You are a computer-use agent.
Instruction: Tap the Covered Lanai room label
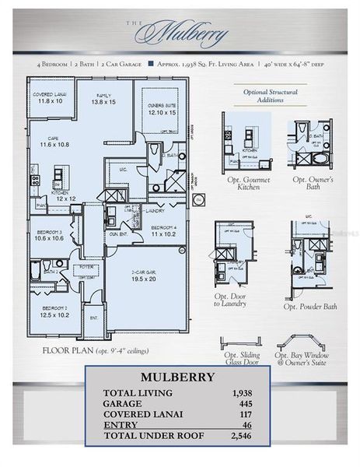coord(47,97)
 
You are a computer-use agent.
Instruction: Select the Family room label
coord(103,97)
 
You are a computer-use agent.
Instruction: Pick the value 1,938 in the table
coord(243,394)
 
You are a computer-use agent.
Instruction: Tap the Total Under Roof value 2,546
coord(243,435)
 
